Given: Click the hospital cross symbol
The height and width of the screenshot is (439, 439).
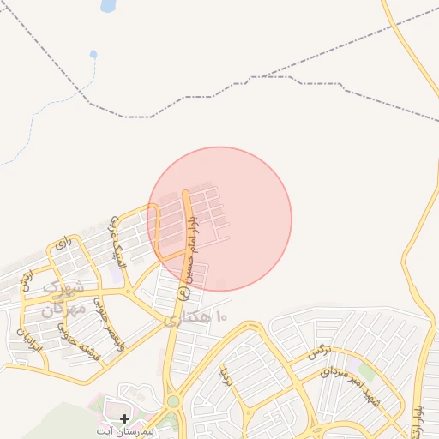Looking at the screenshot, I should coord(125,418).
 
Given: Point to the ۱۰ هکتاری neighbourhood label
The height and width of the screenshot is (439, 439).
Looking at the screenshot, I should coord(198,318).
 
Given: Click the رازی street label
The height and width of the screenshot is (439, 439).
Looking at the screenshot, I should coord(61,245).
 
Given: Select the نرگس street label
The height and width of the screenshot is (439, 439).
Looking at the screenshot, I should coord(316,352).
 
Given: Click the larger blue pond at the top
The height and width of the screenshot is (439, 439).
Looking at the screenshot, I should coord(108,6).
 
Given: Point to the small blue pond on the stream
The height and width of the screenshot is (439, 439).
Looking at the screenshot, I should coord(93,55).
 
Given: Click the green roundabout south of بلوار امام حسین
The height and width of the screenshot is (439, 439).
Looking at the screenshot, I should coord(173,401).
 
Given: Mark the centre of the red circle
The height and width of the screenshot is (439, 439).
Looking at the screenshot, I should coord(219,219).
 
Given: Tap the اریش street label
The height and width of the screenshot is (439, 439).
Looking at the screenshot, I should coord(27,279).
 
